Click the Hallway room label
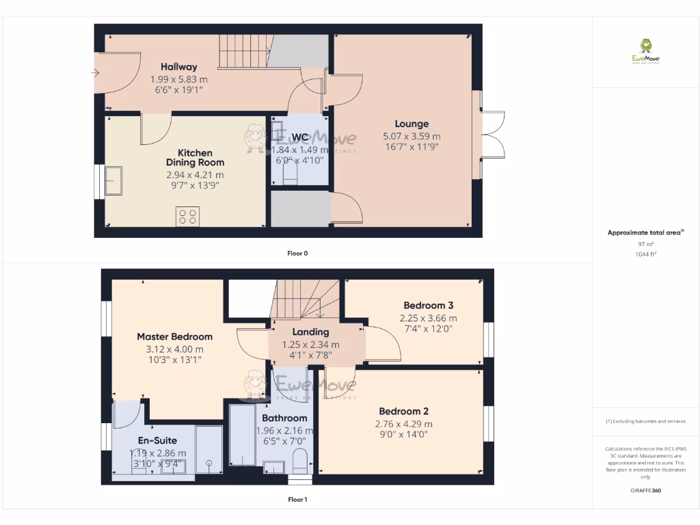click(x=179, y=67)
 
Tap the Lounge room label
click(x=412, y=124)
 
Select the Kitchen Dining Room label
click(x=195, y=157)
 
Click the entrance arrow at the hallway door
click(x=94, y=72)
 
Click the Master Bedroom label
click(x=174, y=336)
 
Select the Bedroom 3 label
click(x=428, y=306)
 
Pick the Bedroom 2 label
click(x=404, y=412)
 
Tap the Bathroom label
click(x=284, y=418)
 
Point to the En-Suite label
click(x=157, y=440)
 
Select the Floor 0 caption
click(x=297, y=254)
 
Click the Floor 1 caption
click(x=297, y=500)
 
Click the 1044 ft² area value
click(x=645, y=254)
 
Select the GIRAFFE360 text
click(x=645, y=490)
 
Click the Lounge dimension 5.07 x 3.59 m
click(x=412, y=135)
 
